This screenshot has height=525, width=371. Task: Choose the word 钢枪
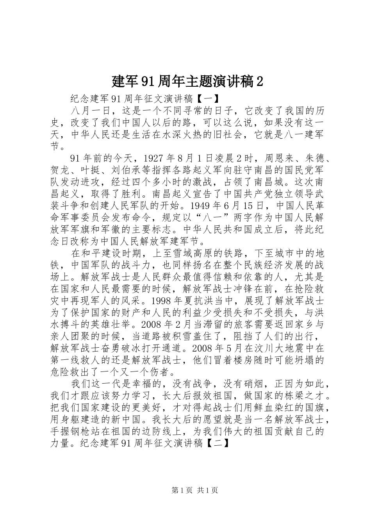[81, 432]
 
